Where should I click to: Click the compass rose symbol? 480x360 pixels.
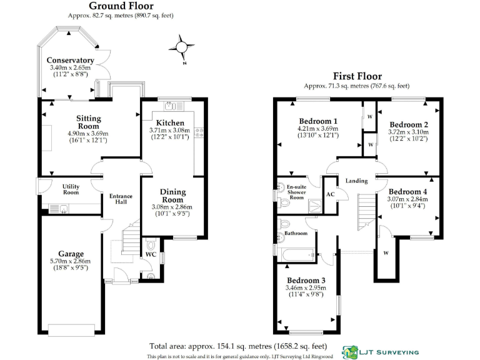click(x=181, y=47)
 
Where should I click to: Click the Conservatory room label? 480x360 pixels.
click(x=70, y=60)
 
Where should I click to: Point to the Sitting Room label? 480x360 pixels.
click(x=88, y=122)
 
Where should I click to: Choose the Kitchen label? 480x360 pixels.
click(x=170, y=122)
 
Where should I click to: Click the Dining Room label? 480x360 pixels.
click(x=172, y=196)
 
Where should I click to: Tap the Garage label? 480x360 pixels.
click(x=71, y=254)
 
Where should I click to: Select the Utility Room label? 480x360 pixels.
click(x=71, y=189)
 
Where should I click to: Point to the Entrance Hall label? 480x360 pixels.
click(x=121, y=199)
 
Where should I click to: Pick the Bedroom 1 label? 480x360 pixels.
click(x=318, y=121)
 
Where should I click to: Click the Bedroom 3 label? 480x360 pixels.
click(x=306, y=280)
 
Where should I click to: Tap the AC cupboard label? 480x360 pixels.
click(x=331, y=194)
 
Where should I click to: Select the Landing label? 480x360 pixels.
click(x=356, y=181)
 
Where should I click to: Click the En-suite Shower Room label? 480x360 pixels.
click(x=296, y=192)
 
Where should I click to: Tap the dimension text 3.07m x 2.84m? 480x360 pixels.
click(x=408, y=200)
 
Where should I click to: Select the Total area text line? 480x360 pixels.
click(x=238, y=346)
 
